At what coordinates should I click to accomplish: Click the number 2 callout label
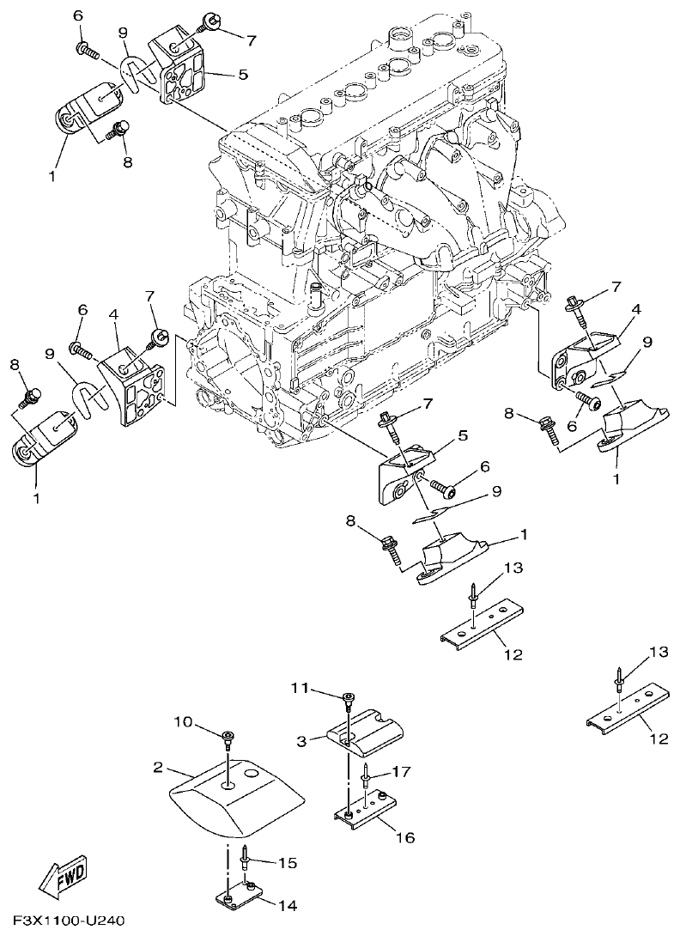tap(158, 766)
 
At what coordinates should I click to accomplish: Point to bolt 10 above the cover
tap(228, 738)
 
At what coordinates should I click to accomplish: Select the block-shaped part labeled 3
tap(364, 728)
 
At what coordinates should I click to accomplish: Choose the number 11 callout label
tap(298, 688)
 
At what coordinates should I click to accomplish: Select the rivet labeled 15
tap(246, 855)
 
